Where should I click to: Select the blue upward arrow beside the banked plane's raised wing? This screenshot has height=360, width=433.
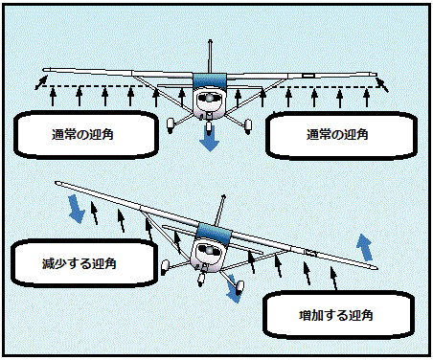tap(365, 245)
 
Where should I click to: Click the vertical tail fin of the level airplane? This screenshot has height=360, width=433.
tap(210, 56)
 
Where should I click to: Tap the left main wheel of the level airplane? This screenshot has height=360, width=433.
tap(171, 122)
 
